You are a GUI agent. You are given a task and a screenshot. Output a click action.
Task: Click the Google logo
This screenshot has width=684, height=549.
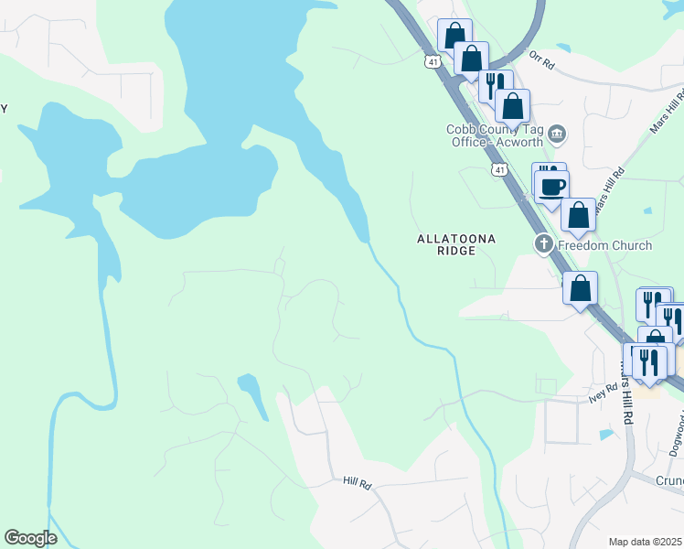[x=30, y=538]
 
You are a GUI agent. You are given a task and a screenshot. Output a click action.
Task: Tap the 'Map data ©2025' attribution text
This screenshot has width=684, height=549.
[x=646, y=542]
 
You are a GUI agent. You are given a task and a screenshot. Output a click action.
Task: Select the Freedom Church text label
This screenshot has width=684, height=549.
[x=604, y=245]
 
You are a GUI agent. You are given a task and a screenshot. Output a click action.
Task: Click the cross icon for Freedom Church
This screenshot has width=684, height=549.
[x=543, y=244]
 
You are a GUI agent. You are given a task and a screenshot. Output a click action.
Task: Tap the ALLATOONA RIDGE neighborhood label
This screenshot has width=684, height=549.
[x=456, y=244]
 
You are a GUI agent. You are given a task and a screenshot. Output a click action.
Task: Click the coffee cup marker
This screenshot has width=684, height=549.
[x=551, y=187]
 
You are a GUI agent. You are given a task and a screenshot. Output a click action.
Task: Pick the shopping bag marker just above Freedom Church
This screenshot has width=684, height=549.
[x=578, y=216]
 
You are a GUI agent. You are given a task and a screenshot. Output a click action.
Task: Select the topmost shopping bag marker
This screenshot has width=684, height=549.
[x=454, y=36]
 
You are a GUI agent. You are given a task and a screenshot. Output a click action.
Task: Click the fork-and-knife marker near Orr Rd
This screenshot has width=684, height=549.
[x=495, y=85]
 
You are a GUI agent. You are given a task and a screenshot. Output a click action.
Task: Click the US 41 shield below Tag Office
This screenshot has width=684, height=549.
[x=498, y=170]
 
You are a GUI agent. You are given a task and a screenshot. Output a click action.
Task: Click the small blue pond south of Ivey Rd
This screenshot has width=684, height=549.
[x=604, y=434]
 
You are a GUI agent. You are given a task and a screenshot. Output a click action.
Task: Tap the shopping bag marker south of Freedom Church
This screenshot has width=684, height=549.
[x=580, y=289]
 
